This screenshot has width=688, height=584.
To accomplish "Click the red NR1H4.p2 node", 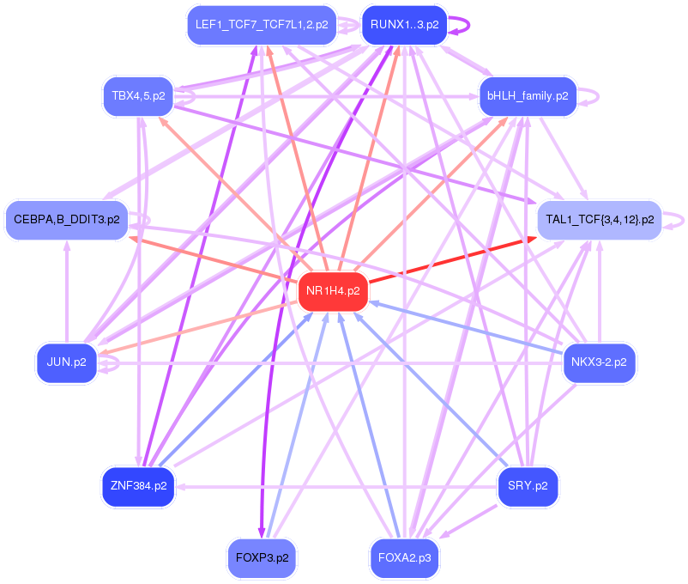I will point(334,290).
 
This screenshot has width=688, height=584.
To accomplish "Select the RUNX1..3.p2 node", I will point(404,25).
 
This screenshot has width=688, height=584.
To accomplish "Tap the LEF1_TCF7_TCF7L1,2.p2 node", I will point(261,25).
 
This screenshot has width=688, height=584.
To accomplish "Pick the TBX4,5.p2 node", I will point(138,95).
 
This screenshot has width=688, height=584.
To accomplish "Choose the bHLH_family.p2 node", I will point(527,96).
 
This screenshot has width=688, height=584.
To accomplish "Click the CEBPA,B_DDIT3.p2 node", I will point(66,220).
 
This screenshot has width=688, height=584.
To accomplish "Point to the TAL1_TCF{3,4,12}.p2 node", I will point(599,219).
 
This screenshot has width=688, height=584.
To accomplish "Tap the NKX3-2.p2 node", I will point(598,362).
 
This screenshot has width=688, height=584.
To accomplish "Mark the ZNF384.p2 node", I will point(137,485).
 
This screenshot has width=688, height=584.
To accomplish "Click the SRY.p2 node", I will point(528,486).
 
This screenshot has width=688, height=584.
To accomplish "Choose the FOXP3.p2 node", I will point(261,557).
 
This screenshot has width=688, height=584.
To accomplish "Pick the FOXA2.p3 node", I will point(404,557).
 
